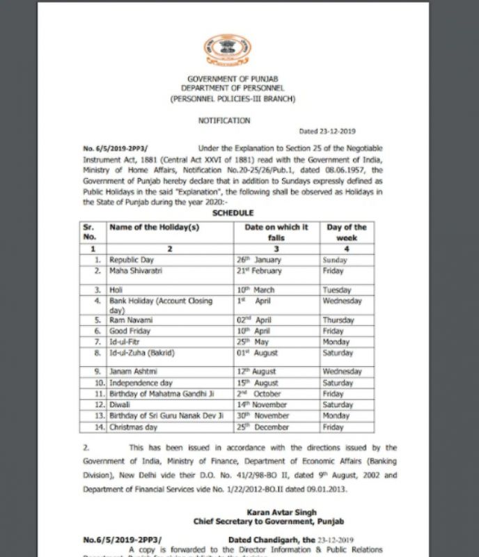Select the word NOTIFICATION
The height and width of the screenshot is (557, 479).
click(x=224, y=120)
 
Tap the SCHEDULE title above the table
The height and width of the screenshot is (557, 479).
click(x=233, y=212)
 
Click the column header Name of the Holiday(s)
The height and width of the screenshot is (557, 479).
click(x=150, y=227)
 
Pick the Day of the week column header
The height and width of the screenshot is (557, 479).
click(x=346, y=232)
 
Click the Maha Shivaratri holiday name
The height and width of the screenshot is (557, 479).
click(x=136, y=270)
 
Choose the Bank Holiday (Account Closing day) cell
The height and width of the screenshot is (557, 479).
click(x=160, y=305)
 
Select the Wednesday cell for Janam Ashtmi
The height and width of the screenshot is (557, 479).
click(x=342, y=372)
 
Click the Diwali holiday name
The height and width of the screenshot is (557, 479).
click(x=120, y=404)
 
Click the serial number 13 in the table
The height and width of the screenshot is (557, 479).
click(x=97, y=416)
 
